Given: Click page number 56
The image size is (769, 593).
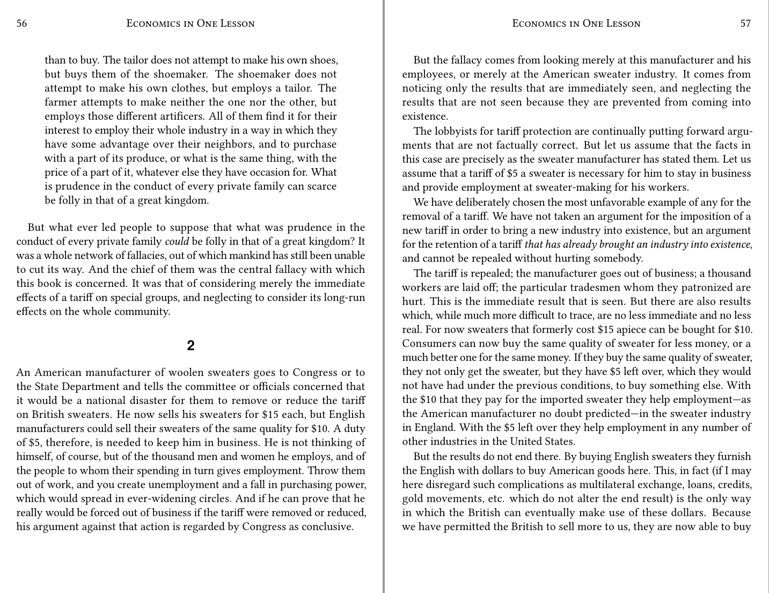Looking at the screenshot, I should pos(22,23).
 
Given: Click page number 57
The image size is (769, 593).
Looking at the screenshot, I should pos(745,23).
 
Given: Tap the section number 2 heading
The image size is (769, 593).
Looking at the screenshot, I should pos(191,345).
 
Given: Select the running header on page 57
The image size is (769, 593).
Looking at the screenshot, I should pos(576,23).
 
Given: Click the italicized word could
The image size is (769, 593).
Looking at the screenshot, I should pos(177,242).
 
